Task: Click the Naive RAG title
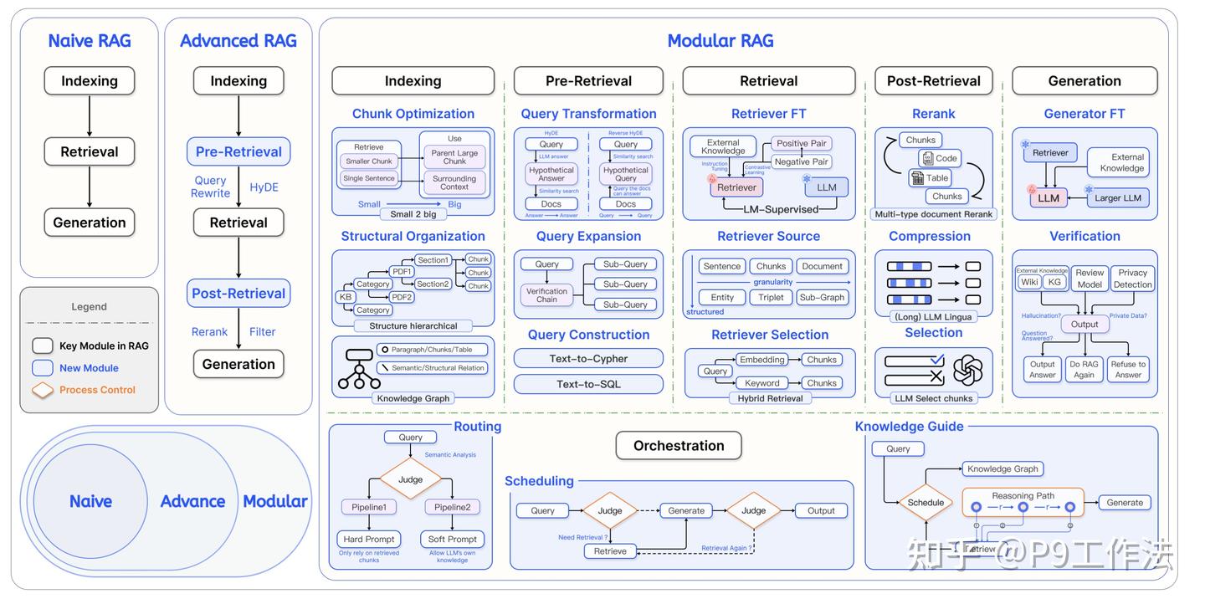90,41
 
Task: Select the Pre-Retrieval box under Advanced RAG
238,151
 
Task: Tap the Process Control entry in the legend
97,390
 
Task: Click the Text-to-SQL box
588,384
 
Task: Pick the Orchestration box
679,446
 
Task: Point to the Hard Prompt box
369,539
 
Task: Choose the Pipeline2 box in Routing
452,507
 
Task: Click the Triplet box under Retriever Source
771,297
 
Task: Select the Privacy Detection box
1132,279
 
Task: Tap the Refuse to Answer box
1128,369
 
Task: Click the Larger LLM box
1119,198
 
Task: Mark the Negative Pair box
801,161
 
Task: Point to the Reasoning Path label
1023,495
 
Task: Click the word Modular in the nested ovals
275,501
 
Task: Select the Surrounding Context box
454,182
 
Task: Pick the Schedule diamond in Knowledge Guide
926,503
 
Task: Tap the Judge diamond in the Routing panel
410,479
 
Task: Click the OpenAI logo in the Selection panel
967,370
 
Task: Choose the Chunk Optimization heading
413,114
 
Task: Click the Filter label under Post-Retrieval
262,331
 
